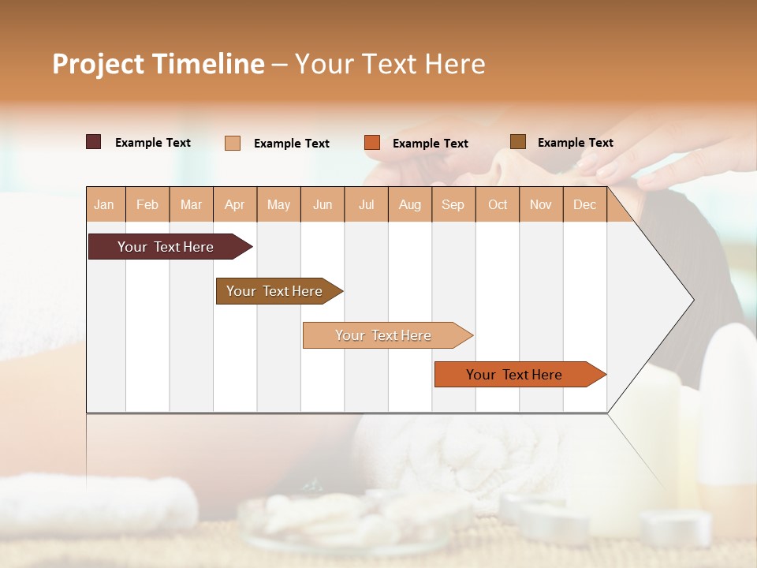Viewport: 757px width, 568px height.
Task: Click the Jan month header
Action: pos(104,205)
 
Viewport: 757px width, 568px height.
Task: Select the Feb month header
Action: pos(147,205)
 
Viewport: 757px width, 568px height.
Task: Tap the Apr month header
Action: pos(234,205)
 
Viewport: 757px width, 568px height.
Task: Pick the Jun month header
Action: pos(323,205)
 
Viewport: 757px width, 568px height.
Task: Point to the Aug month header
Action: pos(409,205)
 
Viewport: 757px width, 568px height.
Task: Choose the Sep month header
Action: pos(453,205)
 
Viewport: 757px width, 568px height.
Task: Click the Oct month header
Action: pos(498,205)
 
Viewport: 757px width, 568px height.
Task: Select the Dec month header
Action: pos(584,205)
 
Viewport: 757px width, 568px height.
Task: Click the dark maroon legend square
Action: pos(94,142)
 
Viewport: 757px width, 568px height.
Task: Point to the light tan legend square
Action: pos(233,143)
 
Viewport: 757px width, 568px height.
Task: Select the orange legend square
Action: pos(372,143)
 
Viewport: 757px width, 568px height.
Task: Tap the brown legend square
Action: pos(518,142)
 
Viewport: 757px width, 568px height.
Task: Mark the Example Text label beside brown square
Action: pos(575,143)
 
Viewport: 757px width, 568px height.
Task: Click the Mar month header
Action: pos(191,205)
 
